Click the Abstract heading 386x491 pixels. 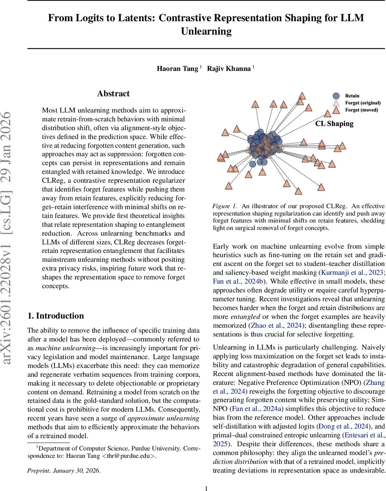pyautogui.click(x=113, y=94)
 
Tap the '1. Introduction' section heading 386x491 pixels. pyautogui.click(x=55, y=315)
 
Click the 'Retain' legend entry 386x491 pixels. pyautogui.click(x=352, y=96)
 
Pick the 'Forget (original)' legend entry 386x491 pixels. pyautogui.click(x=363, y=103)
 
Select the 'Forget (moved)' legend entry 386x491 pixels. pyautogui.click(x=361, y=110)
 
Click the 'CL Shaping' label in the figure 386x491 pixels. pyautogui.click(x=334, y=123)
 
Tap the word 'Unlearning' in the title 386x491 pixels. pyautogui.click(x=206, y=31)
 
